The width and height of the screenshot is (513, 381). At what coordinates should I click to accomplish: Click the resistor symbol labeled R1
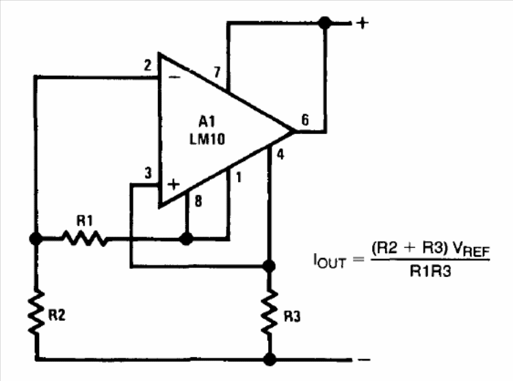click(x=85, y=239)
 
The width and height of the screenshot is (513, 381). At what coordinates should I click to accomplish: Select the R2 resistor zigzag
click(x=36, y=312)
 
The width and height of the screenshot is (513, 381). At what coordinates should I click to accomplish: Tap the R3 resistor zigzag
click(x=269, y=312)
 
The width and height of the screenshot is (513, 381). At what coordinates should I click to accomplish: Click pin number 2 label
click(x=148, y=66)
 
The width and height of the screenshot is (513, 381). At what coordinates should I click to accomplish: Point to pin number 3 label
click(x=148, y=173)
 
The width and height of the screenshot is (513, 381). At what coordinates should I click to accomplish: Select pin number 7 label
click(x=217, y=72)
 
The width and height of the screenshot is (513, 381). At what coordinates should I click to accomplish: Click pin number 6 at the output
click(x=305, y=120)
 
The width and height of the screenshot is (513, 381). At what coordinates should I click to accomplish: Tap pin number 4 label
click(x=280, y=154)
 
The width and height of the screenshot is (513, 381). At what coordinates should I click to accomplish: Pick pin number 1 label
click(x=239, y=177)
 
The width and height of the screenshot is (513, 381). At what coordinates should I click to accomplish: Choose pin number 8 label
click(x=198, y=201)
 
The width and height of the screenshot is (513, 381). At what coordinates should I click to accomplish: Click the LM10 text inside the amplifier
click(x=207, y=140)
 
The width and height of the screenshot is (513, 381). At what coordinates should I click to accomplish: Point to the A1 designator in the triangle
click(x=207, y=122)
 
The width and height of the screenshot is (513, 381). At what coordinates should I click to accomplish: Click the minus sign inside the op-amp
click(x=174, y=77)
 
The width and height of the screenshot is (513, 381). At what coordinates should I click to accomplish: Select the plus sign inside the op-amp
click(x=174, y=185)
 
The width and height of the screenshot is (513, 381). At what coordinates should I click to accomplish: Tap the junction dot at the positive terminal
click(x=325, y=23)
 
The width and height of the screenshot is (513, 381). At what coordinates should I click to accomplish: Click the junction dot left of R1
click(x=36, y=239)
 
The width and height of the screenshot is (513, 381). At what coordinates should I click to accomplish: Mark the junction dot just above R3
click(x=269, y=267)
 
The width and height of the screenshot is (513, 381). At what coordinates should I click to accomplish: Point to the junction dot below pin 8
click(x=187, y=239)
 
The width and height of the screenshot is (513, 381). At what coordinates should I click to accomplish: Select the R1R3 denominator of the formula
click(x=430, y=271)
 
